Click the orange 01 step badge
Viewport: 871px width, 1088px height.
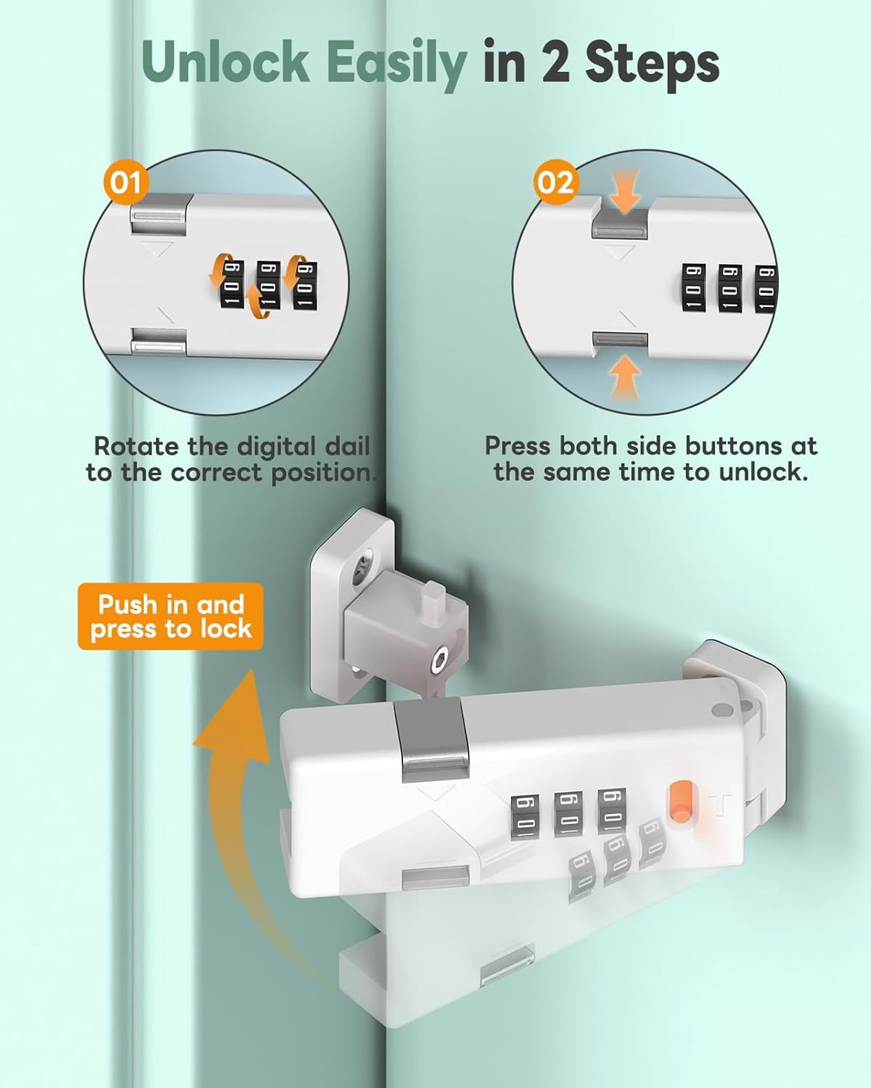125,182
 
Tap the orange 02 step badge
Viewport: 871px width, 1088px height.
555,182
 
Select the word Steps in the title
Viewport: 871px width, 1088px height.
652,65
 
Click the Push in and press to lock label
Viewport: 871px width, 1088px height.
171,617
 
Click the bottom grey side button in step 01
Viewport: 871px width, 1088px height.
158,341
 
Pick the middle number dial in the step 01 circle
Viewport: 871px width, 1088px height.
269,285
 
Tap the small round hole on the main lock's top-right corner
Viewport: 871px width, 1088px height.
722,710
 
